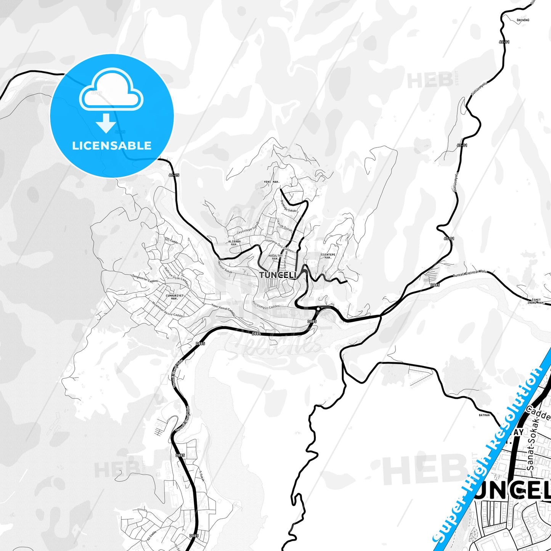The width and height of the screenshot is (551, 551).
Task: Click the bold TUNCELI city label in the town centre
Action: point(277,275)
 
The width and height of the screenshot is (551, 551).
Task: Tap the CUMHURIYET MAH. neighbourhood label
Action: point(175,297)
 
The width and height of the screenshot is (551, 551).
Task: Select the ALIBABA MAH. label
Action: point(234,243)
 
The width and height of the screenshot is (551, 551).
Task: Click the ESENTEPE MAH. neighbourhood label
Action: point(328,256)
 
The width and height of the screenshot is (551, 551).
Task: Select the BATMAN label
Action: point(484,415)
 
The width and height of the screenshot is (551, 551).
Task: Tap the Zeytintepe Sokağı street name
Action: point(248,228)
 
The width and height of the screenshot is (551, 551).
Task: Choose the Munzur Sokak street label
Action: point(224,268)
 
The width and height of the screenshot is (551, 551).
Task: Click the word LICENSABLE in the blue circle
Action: point(112,145)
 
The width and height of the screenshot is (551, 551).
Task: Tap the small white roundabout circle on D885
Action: point(318,309)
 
